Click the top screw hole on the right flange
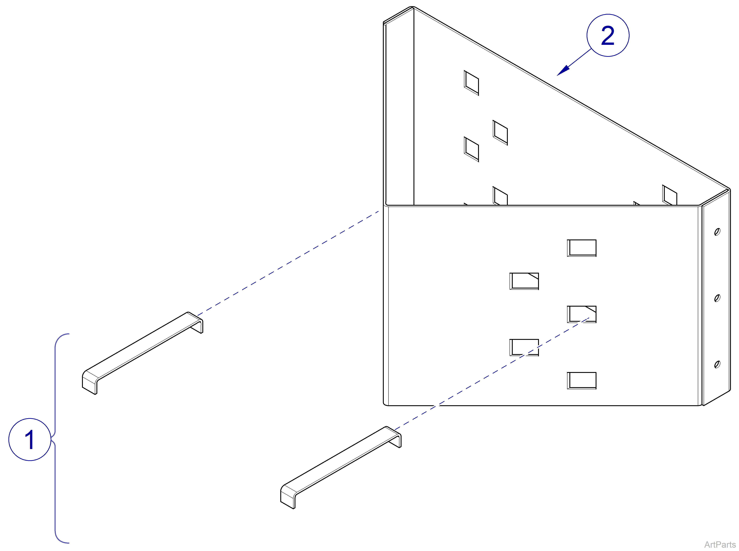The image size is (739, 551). (x=717, y=232)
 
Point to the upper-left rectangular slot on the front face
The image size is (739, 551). (x=524, y=281)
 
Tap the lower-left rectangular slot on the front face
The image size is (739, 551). (x=524, y=348)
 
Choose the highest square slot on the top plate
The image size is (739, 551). (x=471, y=83)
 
